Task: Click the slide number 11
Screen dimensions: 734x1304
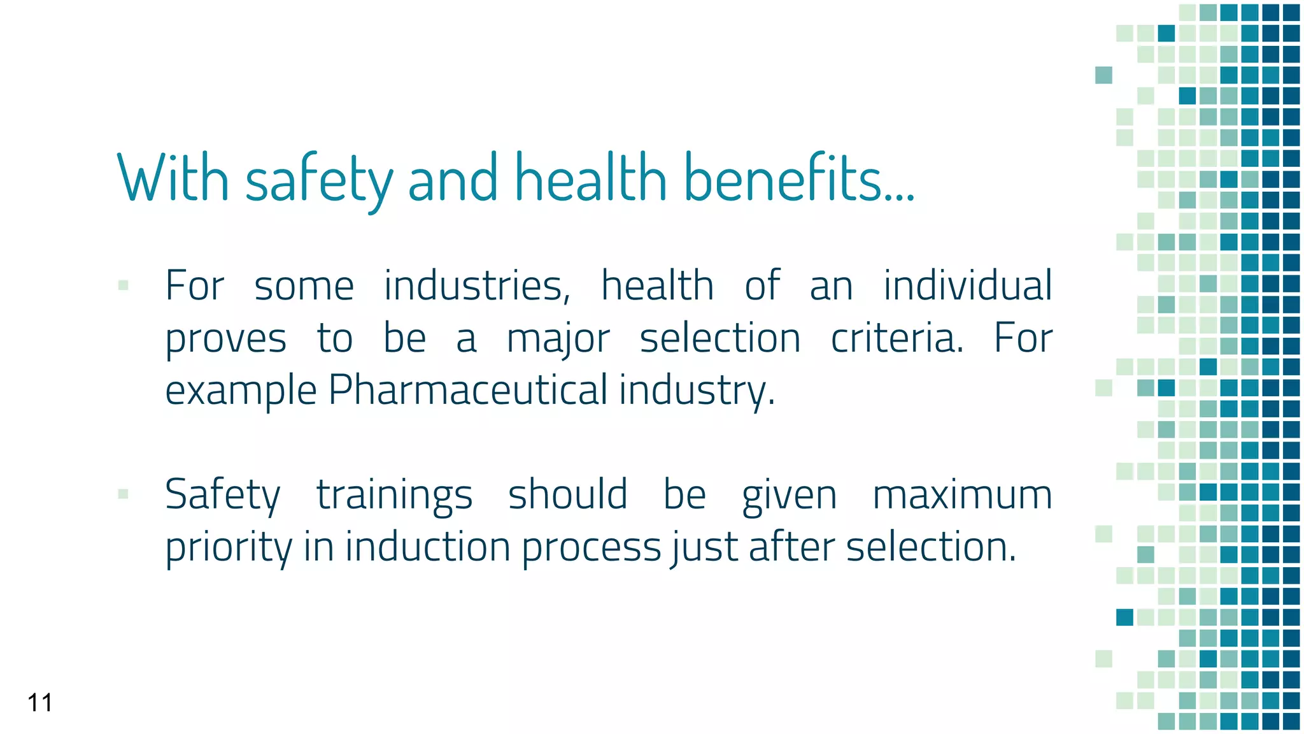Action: [x=39, y=703]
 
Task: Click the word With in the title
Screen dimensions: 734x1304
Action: [x=173, y=178]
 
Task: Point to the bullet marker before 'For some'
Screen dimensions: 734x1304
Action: [x=124, y=285]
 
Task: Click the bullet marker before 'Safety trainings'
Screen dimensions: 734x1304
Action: [x=124, y=494]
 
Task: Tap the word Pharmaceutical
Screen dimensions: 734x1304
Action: [x=468, y=390]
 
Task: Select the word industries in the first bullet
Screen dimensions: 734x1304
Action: [x=477, y=285]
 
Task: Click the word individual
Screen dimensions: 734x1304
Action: [x=967, y=285]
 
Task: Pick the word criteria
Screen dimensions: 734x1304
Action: [x=897, y=338]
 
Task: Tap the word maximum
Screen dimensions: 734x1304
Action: [x=962, y=495]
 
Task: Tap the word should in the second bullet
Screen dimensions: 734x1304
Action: [x=567, y=494]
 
